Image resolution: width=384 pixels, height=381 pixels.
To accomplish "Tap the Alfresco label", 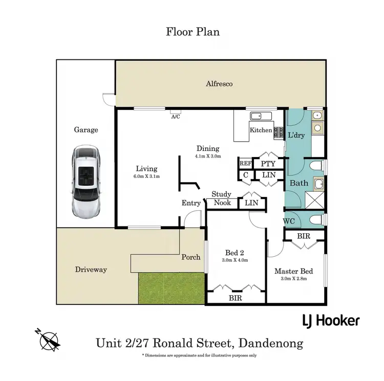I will (219, 83).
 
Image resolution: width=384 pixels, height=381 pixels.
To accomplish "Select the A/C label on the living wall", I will (175, 116).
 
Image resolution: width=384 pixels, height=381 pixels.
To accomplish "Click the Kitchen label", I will (261, 130).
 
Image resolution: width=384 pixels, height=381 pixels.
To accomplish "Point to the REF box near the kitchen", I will (245, 164).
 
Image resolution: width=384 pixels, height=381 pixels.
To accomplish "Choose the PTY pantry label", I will (268, 164).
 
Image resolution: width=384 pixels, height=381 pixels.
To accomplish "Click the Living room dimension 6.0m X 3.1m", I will (146, 176).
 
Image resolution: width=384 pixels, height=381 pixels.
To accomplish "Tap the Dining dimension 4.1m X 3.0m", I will (207, 156).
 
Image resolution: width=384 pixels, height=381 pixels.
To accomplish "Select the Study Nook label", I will (222, 198).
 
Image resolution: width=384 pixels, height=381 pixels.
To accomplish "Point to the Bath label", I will (298, 183).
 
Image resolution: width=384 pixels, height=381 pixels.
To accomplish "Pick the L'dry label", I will (296, 136).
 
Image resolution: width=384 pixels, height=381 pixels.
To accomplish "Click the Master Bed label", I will (293, 271).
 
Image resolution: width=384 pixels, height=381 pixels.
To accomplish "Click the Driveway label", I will (91, 269).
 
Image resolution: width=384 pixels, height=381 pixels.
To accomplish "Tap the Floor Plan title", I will (193, 32).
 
